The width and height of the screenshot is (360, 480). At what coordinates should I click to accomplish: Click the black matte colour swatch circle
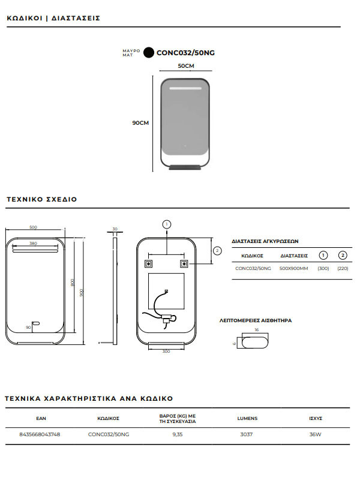click(148, 52)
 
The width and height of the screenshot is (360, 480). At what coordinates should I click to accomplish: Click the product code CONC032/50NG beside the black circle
click(185, 52)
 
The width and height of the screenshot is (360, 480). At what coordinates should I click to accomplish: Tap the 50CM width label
click(185, 66)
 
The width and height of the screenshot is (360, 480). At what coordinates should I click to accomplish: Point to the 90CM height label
click(140, 122)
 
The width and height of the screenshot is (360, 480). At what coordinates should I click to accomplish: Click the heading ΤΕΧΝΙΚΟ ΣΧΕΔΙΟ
click(41, 199)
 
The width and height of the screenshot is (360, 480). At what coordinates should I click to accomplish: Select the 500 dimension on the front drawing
click(33, 227)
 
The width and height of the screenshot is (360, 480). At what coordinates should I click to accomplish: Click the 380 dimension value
click(33, 243)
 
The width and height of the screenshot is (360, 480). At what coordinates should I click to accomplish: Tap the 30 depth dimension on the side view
click(115, 229)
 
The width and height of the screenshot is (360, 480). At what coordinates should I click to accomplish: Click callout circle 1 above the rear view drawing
click(166, 223)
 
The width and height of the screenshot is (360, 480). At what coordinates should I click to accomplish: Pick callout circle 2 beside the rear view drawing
click(217, 250)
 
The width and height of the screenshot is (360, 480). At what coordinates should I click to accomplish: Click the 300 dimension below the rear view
click(166, 351)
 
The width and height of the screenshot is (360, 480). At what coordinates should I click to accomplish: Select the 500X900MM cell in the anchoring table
click(294, 268)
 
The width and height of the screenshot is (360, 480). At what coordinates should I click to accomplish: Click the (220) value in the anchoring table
click(343, 268)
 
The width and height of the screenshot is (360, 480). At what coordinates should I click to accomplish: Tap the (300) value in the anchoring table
click(323, 268)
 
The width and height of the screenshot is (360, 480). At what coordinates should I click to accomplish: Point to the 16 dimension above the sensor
click(256, 330)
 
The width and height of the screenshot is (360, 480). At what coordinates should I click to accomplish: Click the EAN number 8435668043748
click(40, 433)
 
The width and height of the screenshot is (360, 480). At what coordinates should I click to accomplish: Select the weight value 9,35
click(178, 433)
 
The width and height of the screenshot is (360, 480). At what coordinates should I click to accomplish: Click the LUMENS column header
click(247, 418)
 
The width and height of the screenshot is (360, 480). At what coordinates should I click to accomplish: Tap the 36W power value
click(316, 433)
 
